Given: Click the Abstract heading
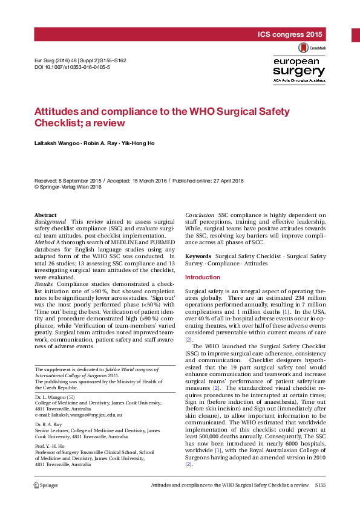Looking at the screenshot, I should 45,215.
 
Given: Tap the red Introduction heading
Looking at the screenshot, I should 203,277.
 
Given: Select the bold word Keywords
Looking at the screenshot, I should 198,257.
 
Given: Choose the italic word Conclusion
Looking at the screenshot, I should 200,215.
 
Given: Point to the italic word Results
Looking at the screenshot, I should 44,284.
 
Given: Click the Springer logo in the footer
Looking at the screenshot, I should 45,485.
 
